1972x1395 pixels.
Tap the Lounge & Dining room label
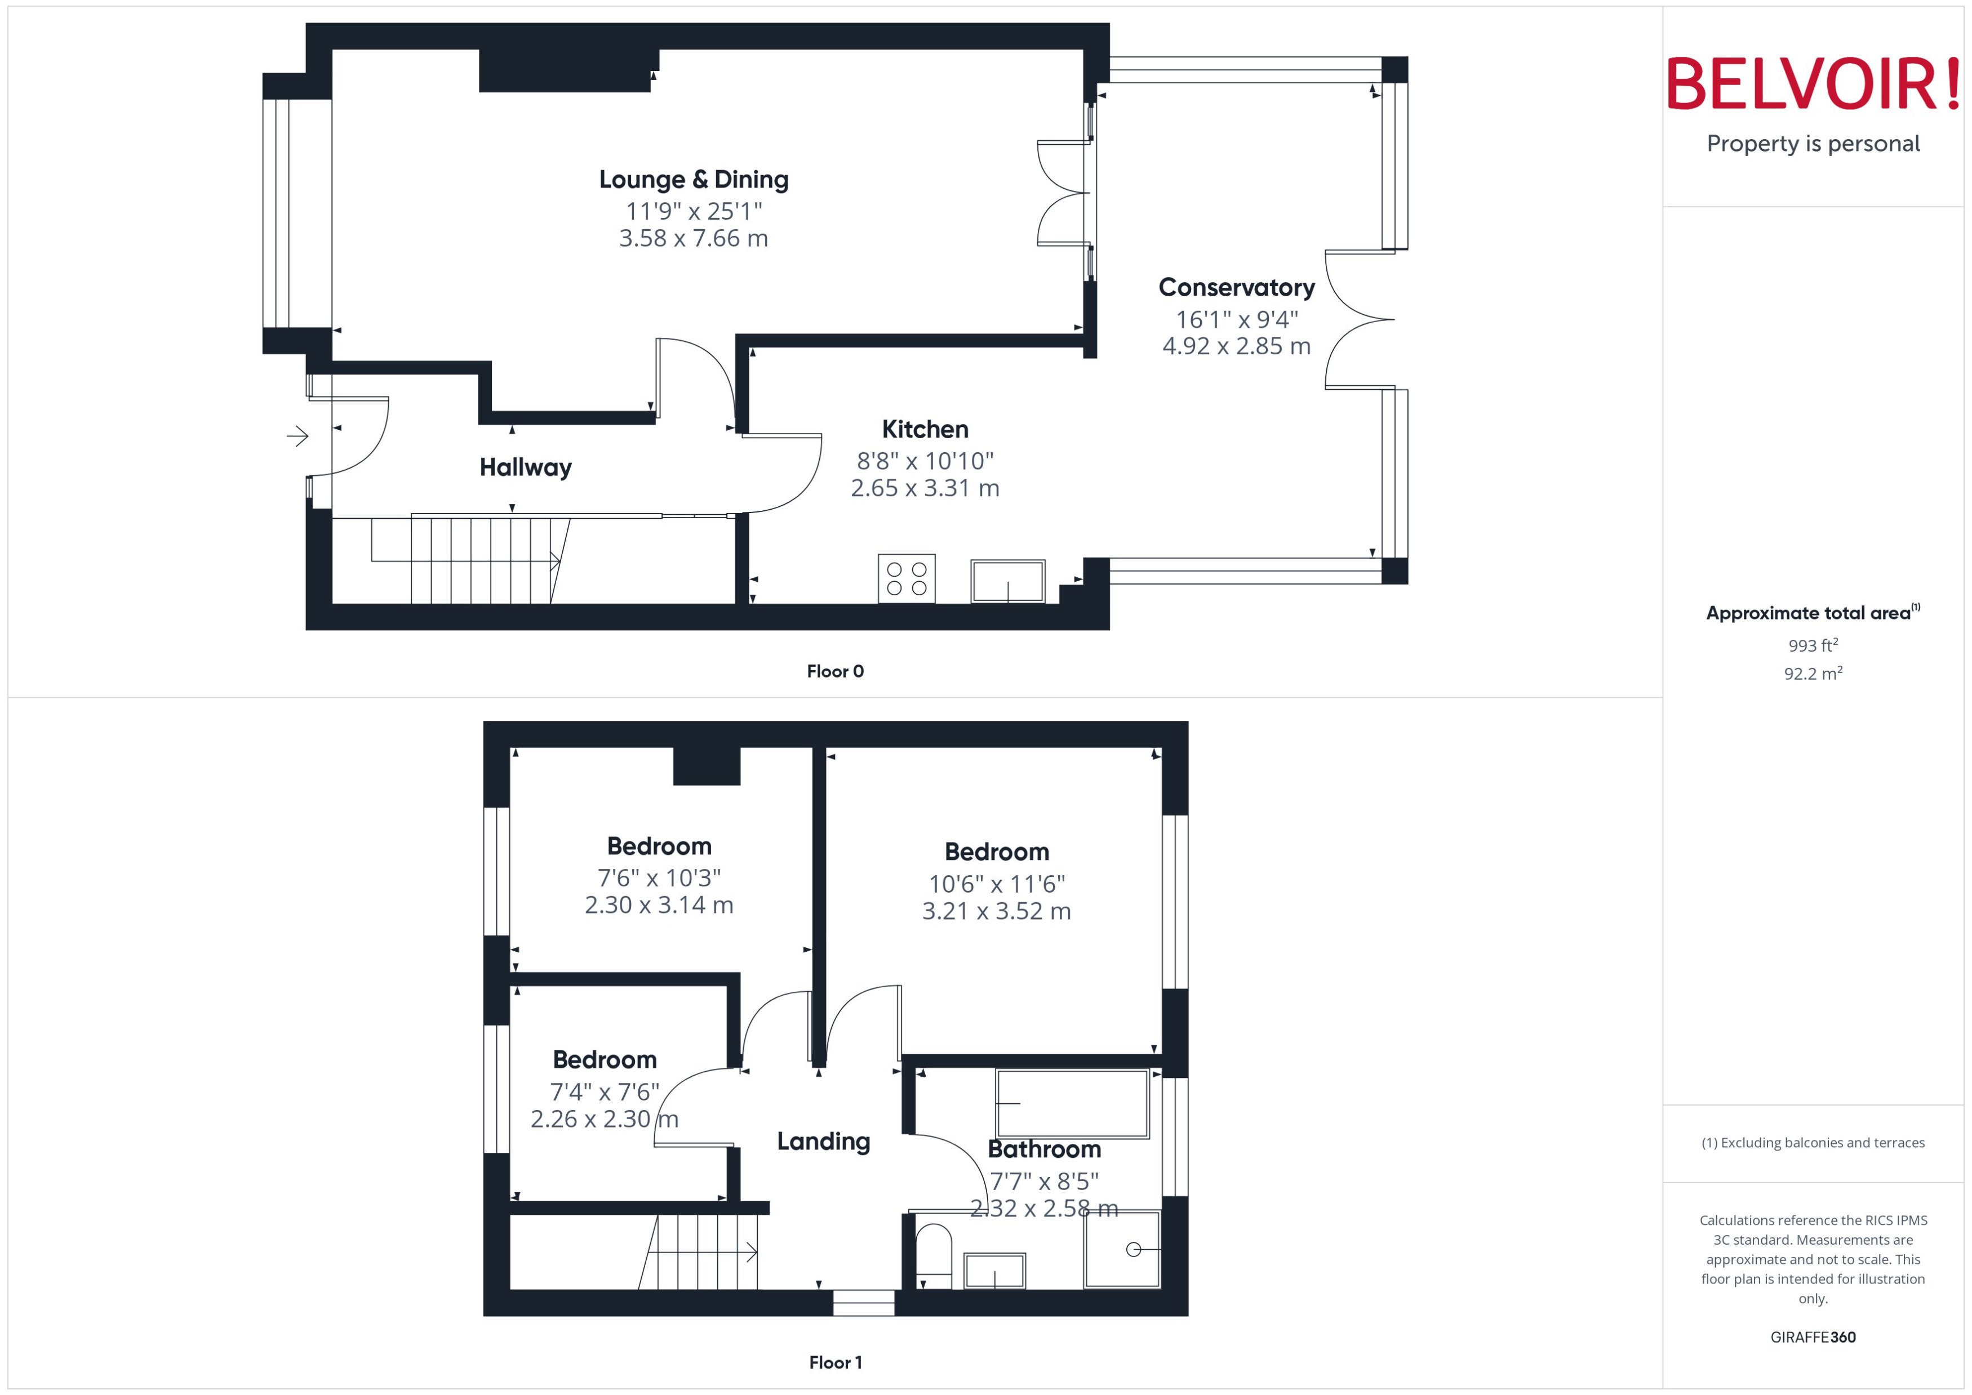(694, 180)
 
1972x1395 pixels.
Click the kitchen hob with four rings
(907, 578)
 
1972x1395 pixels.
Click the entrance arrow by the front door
(297, 436)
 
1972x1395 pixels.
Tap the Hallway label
(525, 467)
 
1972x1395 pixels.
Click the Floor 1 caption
(834, 1362)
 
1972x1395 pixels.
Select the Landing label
(823, 1142)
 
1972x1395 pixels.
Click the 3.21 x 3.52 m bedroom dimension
(996, 911)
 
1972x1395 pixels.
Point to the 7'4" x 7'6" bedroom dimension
(604, 1092)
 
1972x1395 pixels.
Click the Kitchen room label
(925, 430)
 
